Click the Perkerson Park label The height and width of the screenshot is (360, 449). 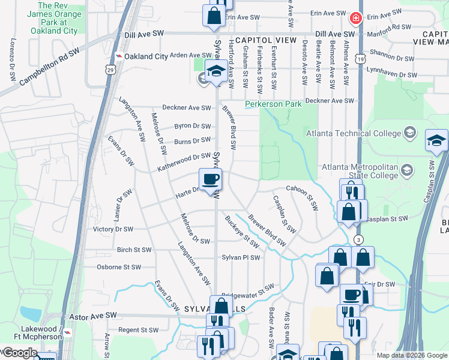point(273,104)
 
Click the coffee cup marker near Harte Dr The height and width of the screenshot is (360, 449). point(211,179)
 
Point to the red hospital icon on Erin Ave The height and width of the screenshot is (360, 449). point(356,19)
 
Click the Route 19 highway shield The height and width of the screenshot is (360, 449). point(359,59)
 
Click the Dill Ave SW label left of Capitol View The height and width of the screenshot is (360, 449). point(144,36)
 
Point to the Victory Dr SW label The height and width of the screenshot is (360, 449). point(112,229)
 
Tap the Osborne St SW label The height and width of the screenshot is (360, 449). point(119,267)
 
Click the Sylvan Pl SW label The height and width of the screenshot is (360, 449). point(241,257)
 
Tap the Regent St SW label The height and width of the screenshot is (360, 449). point(138,330)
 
